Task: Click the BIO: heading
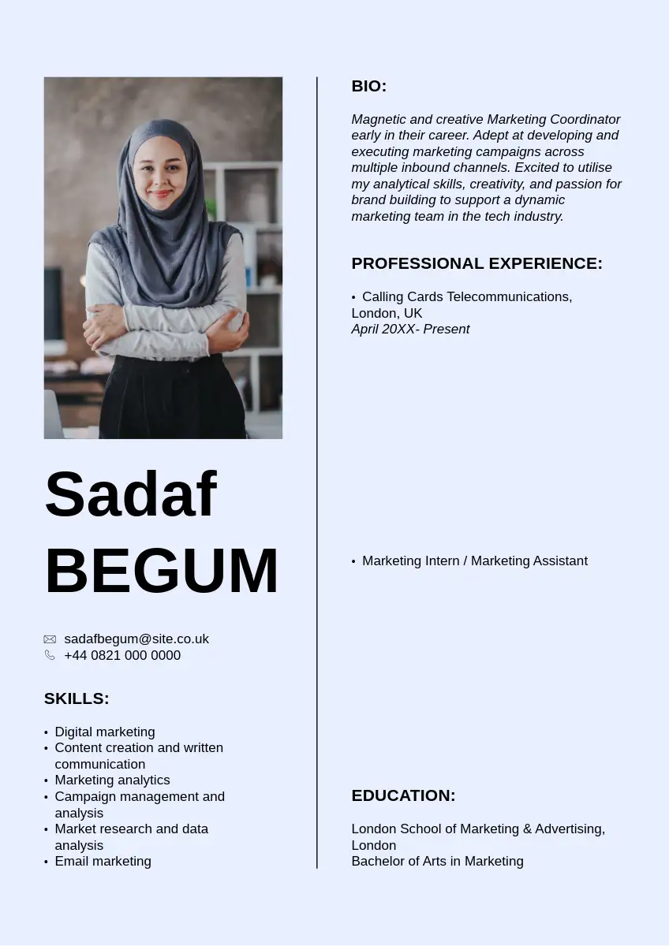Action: click(368, 86)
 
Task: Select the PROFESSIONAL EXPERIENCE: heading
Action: click(477, 263)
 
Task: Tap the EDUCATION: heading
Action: click(403, 795)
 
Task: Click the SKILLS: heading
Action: click(77, 698)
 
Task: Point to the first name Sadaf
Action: click(130, 494)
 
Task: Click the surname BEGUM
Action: click(162, 572)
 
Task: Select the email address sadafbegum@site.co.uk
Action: click(136, 639)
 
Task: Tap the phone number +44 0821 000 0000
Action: click(122, 655)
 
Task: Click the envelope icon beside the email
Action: click(50, 639)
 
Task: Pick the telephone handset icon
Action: click(50, 655)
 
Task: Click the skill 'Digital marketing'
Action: click(105, 732)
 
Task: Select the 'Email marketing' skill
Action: click(103, 861)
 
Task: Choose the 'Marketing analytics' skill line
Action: click(112, 780)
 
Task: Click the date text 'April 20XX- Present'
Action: click(410, 329)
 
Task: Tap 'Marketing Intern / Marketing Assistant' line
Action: click(474, 561)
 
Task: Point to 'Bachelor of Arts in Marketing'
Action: click(437, 861)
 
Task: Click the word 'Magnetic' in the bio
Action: click(379, 119)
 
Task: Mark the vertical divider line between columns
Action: click(317, 473)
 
